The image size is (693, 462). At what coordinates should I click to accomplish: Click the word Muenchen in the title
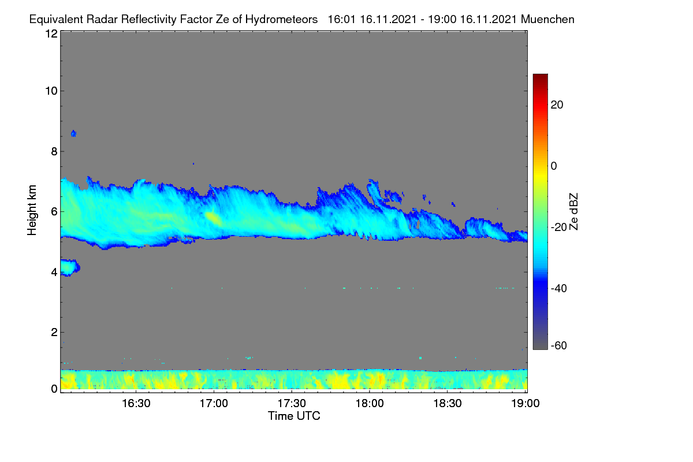point(547,20)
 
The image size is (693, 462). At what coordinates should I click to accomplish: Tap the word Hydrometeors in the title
point(281,20)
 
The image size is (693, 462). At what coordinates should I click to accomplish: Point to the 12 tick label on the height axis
point(51,33)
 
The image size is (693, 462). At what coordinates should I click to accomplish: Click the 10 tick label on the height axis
point(51,91)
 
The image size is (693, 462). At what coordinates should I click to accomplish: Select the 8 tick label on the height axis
point(54,151)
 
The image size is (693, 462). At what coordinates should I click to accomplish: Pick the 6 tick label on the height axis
point(54,212)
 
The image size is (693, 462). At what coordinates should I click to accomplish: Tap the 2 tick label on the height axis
point(54,332)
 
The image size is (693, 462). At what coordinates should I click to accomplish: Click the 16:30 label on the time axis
point(136,404)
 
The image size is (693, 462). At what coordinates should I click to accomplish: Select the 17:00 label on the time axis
point(214,404)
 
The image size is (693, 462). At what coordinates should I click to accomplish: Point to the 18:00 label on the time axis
point(370,404)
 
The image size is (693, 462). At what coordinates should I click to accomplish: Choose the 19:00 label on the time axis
point(525,404)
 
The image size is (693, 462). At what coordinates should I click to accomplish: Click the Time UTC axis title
point(294,416)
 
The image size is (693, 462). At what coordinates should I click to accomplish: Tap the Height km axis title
point(32,210)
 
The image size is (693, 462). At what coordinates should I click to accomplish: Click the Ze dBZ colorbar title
point(573,212)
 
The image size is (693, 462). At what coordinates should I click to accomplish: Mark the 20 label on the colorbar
point(557,105)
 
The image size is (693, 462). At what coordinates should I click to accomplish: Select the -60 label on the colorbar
point(559,346)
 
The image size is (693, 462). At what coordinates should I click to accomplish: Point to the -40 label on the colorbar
point(559,288)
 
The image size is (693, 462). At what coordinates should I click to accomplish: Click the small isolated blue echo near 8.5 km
point(74,133)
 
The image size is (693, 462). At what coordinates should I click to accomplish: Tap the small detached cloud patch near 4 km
point(70,267)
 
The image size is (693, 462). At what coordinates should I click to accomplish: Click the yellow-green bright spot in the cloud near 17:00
point(213,218)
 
